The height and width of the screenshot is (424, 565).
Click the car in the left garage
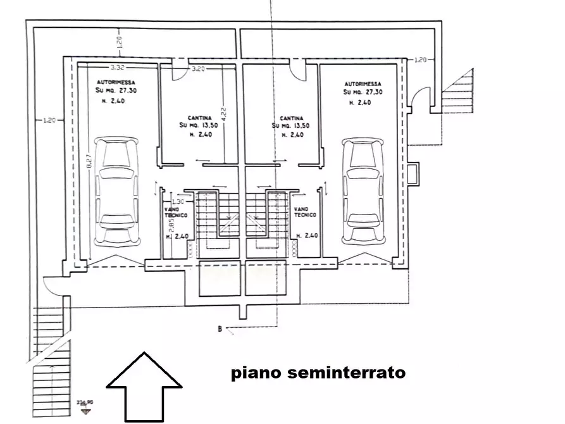(x=115, y=192)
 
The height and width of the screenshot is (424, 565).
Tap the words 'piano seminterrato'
(x=318, y=373)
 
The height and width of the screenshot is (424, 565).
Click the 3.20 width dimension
(x=198, y=68)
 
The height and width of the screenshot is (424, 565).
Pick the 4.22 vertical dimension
(x=224, y=114)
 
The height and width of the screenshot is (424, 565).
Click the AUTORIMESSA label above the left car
(x=115, y=83)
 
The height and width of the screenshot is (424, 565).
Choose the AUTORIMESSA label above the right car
(x=363, y=84)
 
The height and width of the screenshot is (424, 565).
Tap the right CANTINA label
(x=291, y=118)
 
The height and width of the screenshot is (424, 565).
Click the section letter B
(x=219, y=328)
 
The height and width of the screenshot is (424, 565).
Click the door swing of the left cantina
(x=180, y=72)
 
